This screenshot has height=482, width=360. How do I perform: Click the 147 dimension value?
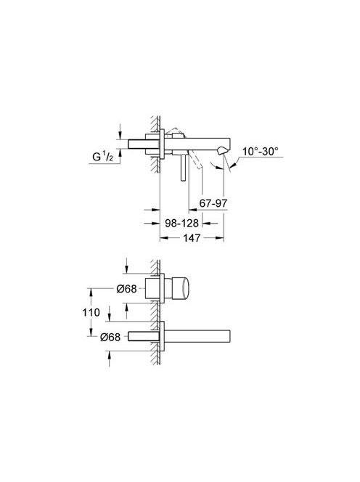point(192,237)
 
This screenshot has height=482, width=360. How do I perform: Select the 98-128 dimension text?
point(181,223)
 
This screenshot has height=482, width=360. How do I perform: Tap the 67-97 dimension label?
point(213,203)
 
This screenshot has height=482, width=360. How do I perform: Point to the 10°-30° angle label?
point(261,151)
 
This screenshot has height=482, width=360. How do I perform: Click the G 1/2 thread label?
point(102,157)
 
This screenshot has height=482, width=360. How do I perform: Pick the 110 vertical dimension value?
point(91,313)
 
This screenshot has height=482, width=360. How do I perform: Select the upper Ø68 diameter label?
point(126,289)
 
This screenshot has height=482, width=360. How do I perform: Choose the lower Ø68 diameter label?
point(110,337)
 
